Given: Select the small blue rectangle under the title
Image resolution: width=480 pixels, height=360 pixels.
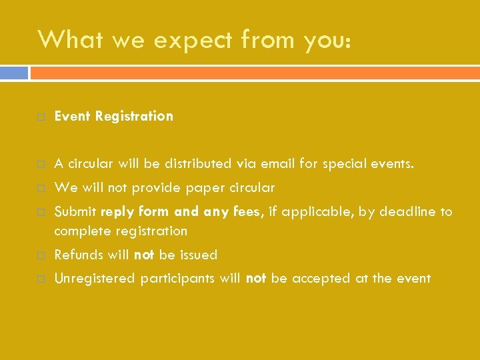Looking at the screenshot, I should (14, 72).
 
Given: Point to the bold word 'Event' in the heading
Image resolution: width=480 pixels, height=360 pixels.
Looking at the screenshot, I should (73, 116).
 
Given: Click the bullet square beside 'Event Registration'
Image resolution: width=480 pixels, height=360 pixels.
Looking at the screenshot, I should (41, 117).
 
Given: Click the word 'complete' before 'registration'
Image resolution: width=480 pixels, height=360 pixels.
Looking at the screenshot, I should (82, 231).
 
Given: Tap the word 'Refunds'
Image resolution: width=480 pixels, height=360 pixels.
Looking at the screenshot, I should (79, 255).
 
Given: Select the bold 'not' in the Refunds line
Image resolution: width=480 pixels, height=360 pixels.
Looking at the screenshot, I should (145, 255).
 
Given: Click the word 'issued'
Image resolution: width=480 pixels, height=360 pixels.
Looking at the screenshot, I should (199, 255).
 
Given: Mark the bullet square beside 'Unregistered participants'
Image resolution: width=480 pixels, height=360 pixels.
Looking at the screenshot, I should (41, 279).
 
